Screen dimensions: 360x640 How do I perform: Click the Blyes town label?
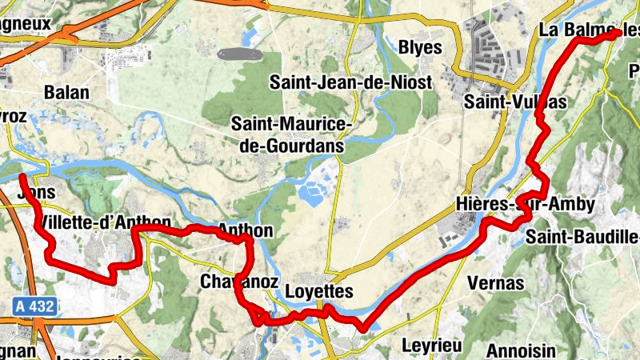[419, 47]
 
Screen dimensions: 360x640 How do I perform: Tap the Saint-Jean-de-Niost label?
[350, 82]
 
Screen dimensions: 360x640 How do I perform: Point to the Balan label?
[67, 91]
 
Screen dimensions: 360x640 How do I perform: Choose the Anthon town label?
[246, 231]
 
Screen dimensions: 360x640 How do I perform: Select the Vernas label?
[497, 283]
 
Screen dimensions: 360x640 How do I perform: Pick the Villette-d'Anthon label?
[104, 222]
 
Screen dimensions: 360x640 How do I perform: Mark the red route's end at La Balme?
[616, 34]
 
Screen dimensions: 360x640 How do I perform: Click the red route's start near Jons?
[22, 176]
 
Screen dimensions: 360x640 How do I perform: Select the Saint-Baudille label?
[582, 236]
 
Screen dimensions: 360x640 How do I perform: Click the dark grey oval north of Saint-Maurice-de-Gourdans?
[238, 54]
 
